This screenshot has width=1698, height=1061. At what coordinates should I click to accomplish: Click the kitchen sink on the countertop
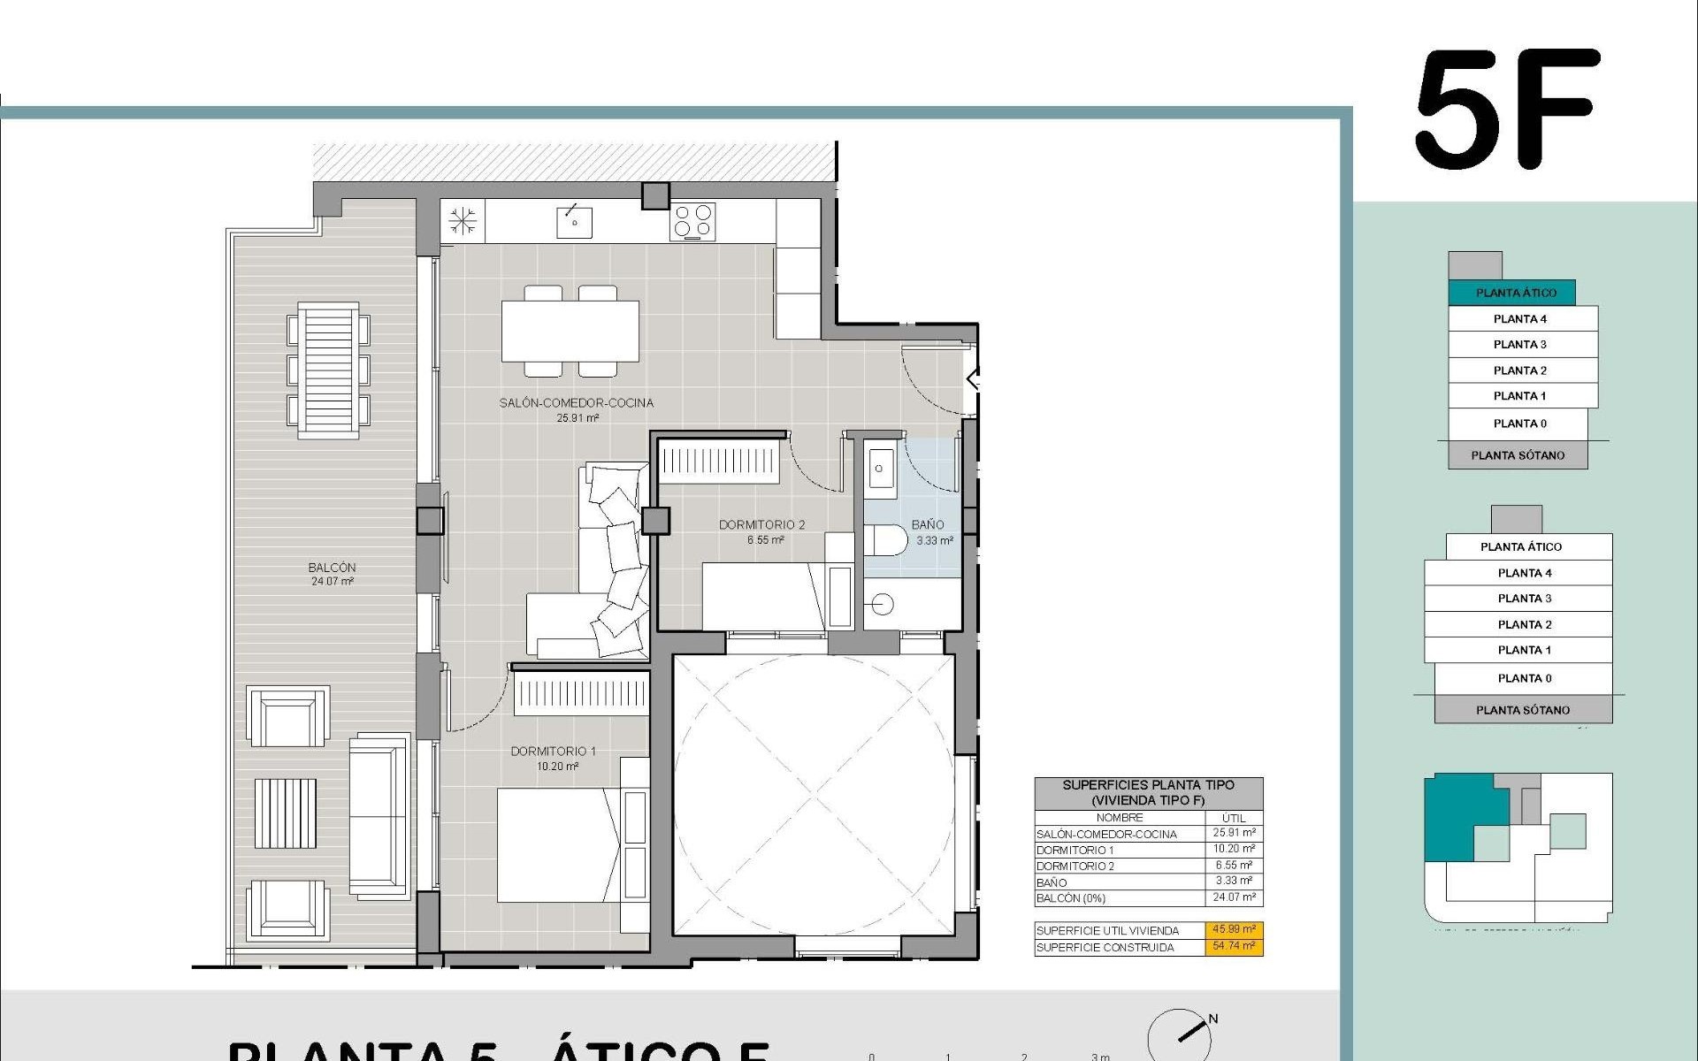point(574,221)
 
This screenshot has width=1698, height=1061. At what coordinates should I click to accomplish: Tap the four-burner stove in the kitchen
point(693,221)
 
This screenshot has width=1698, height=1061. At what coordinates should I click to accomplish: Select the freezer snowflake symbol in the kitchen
point(462,221)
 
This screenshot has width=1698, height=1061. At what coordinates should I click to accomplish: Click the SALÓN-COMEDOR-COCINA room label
point(576,403)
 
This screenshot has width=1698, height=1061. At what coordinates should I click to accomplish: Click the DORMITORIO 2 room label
point(761,525)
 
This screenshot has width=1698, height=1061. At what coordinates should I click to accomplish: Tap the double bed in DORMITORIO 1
point(557,844)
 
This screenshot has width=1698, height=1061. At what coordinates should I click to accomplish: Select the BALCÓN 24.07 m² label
point(332,574)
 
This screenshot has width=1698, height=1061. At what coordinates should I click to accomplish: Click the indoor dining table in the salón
point(570,332)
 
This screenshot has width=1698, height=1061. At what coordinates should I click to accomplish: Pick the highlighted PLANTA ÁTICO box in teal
point(1515,293)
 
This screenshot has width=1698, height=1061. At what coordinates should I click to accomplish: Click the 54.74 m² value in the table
point(1234,946)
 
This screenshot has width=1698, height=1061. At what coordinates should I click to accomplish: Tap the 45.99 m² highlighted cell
point(1234,929)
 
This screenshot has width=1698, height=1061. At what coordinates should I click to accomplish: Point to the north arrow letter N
point(1213,1019)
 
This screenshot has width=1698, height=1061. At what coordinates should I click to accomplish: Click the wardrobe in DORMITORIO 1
point(582,692)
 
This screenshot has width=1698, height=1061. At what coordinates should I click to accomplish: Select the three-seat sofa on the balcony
point(379,818)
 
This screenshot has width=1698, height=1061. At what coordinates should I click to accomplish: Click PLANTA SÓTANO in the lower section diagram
point(1523,710)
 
